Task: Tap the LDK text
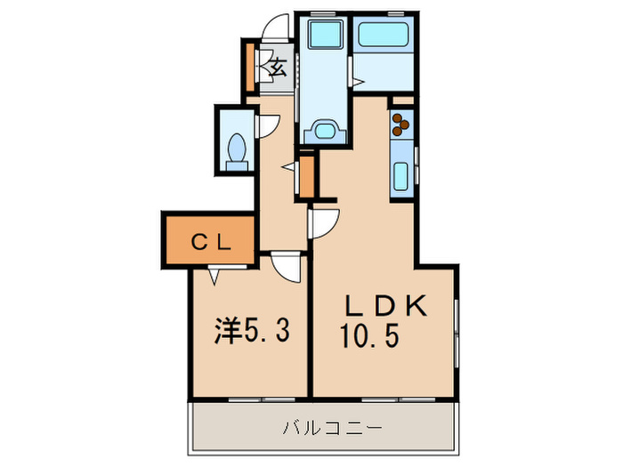click(387, 305)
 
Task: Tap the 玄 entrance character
click(277, 66)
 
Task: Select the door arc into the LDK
click(326, 221)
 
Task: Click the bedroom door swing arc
click(288, 266)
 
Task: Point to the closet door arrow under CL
click(214, 277)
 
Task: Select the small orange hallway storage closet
click(307, 175)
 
